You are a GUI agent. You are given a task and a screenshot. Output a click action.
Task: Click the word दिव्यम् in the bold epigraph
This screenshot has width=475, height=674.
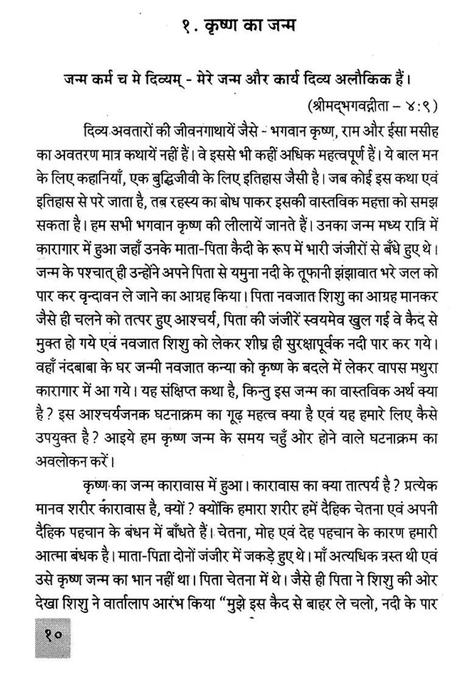point(155,80)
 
